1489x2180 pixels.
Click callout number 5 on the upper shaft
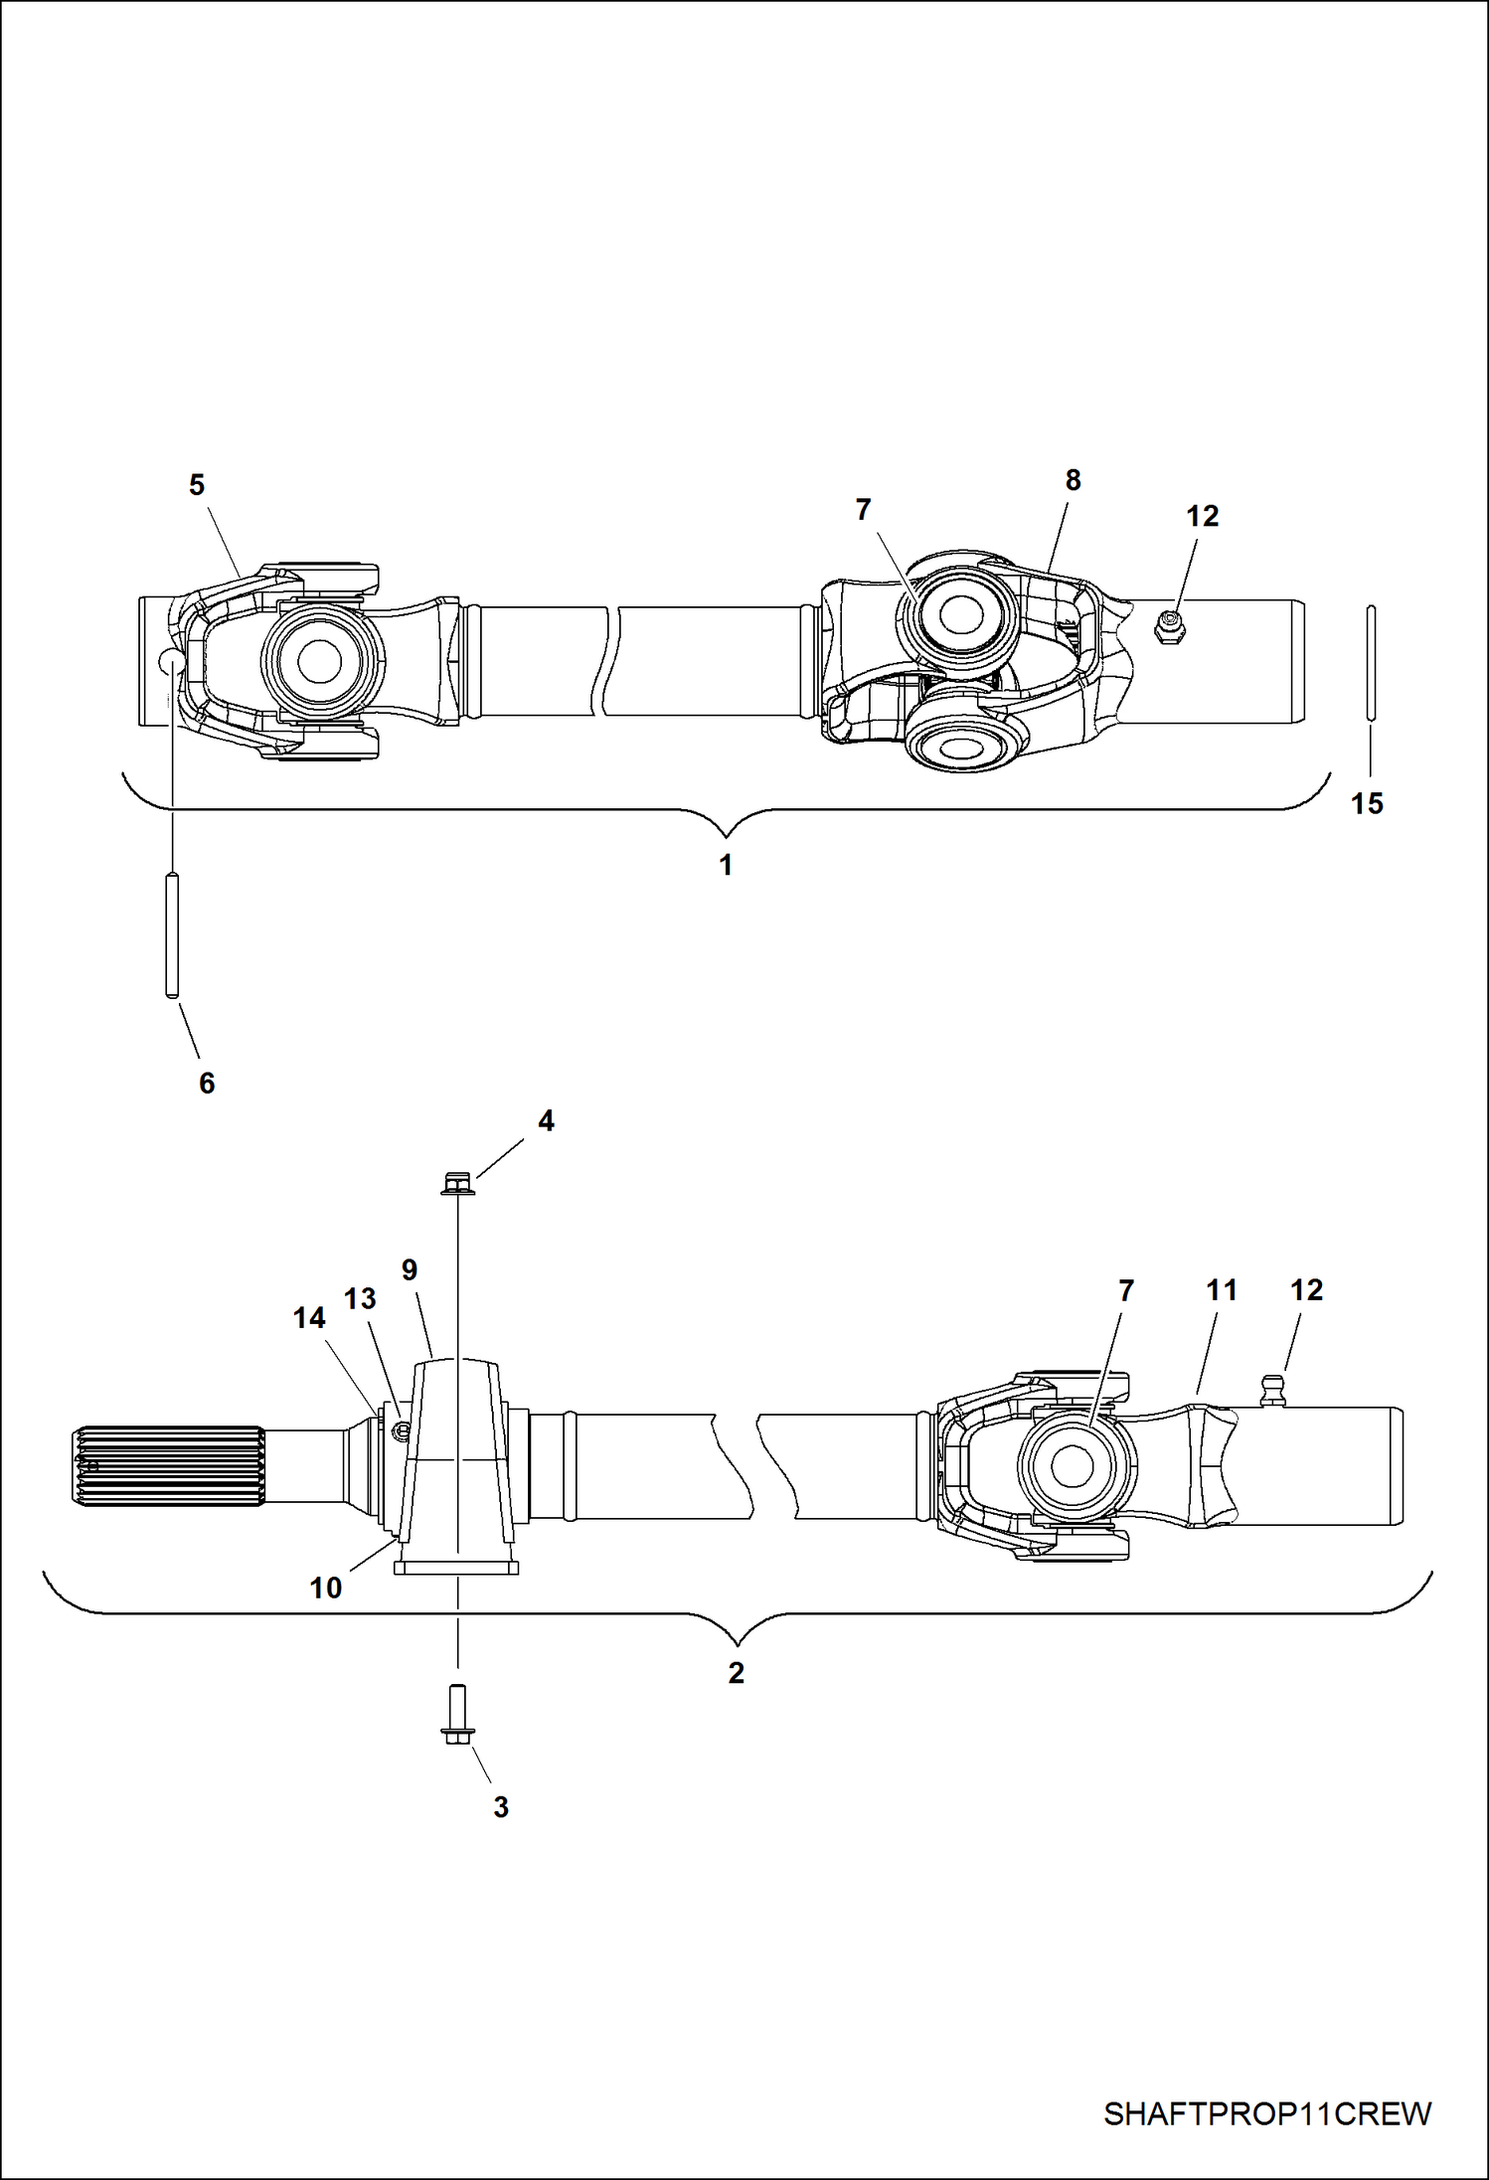click(x=197, y=485)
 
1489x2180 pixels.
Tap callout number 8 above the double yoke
click(x=1073, y=480)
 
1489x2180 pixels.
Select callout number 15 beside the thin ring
click(x=1367, y=803)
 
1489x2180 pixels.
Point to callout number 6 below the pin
click(x=207, y=1083)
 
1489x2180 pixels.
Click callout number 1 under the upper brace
click(x=727, y=865)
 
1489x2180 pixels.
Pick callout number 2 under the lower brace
click(x=736, y=1673)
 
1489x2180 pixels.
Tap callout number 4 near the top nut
click(x=546, y=1120)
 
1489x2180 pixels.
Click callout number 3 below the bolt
click(x=501, y=1806)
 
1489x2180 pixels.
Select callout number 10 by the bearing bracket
click(x=326, y=1588)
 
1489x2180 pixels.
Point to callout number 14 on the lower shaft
click(x=309, y=1318)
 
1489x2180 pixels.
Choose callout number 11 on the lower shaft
click(x=1222, y=1290)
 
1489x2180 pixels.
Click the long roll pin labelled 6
click(x=172, y=933)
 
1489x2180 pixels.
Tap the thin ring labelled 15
click(x=1371, y=661)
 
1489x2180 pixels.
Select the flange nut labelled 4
click(x=457, y=1184)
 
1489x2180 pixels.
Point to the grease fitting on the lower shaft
click(x=1273, y=1389)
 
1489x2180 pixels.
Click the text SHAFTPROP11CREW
click(x=1267, y=2113)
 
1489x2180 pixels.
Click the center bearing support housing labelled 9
click(x=457, y=1461)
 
